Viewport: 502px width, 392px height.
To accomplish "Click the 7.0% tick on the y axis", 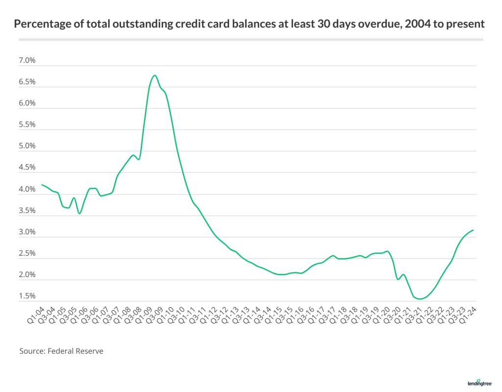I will [x=27, y=61].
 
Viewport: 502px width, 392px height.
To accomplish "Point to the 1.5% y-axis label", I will [x=27, y=296].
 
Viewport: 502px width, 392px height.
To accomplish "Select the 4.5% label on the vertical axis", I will [x=27, y=168].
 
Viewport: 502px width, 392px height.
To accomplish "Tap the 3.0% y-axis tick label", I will [x=27, y=232].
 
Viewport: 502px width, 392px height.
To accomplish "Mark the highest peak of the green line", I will [x=154, y=75].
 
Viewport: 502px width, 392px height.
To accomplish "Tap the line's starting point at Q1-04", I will [x=42, y=185].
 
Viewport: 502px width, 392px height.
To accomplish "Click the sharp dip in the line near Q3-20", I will [x=398, y=279].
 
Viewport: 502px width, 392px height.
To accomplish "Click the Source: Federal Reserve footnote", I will [x=61, y=351].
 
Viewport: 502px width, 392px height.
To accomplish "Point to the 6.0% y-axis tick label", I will [x=27, y=104].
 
